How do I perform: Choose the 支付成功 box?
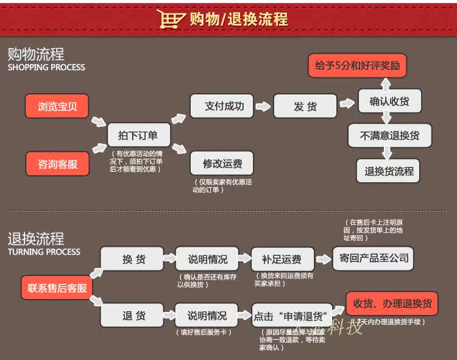[x=222, y=106]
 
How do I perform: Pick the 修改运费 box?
[x=222, y=163]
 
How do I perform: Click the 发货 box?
[x=305, y=106]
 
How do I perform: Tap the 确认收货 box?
[x=390, y=102]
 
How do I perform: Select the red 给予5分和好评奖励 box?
[x=357, y=66]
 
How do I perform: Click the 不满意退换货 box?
[x=390, y=135]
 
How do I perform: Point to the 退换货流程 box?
[x=389, y=171]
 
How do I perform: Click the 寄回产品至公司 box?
[x=374, y=258]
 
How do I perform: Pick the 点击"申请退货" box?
[x=292, y=316]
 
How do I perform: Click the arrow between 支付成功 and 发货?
[x=263, y=106]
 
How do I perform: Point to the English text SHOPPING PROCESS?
[x=46, y=68]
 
